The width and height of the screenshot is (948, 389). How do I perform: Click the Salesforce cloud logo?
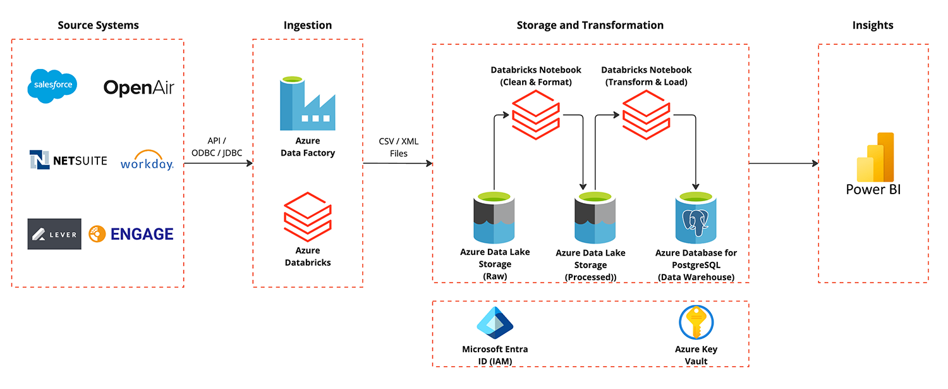52,85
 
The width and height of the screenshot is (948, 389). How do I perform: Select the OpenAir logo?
138,87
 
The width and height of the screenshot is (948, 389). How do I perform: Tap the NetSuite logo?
68,161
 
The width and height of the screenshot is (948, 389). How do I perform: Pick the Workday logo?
147,161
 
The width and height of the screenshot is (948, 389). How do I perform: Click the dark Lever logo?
54,234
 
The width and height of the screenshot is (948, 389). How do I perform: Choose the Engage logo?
131,234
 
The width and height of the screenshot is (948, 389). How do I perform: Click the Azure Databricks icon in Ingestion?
307,216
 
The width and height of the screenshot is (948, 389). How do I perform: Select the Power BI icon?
875,157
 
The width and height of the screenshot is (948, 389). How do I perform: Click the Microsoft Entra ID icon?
495,323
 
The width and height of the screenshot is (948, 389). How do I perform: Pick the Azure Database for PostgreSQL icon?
696,219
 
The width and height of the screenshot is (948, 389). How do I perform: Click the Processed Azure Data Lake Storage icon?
595,219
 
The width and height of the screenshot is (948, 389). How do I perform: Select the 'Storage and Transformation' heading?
590,25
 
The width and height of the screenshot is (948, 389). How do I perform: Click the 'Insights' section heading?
873,25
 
